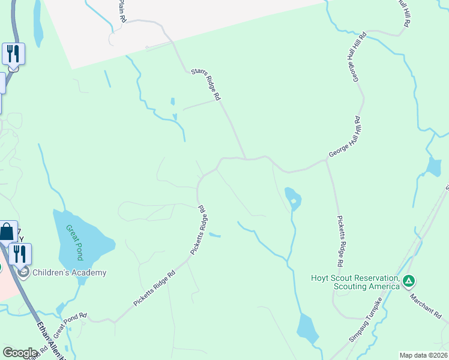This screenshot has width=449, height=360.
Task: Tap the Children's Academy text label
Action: [70, 272]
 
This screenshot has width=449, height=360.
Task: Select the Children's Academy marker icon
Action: [24, 273]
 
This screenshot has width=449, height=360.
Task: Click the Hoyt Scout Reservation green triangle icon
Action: [408, 280]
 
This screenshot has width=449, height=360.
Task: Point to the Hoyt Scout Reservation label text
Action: [355, 282]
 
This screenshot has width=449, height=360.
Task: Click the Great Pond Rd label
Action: [70, 324]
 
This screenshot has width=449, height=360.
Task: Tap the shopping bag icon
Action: [7, 232]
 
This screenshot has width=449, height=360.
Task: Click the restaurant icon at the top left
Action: [13, 54]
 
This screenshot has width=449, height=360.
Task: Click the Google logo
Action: [20, 353]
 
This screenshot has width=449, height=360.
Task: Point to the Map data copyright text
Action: [423, 355]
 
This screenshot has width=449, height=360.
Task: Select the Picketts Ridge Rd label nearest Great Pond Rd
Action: [154, 289]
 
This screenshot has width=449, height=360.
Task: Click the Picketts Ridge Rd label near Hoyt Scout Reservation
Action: [340, 241]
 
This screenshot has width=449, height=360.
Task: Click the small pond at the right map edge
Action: [433, 166]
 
